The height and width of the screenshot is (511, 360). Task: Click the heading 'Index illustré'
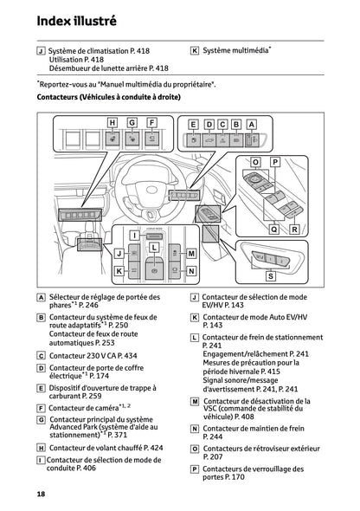(x=66, y=18)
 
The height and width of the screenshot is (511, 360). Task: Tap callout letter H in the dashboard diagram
(x=112, y=123)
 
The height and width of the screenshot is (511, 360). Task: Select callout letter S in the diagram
(x=270, y=275)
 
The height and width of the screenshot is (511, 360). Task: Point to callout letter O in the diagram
(x=255, y=162)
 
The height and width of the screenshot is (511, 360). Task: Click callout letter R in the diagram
(x=294, y=230)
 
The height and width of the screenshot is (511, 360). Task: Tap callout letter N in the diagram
(x=191, y=270)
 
